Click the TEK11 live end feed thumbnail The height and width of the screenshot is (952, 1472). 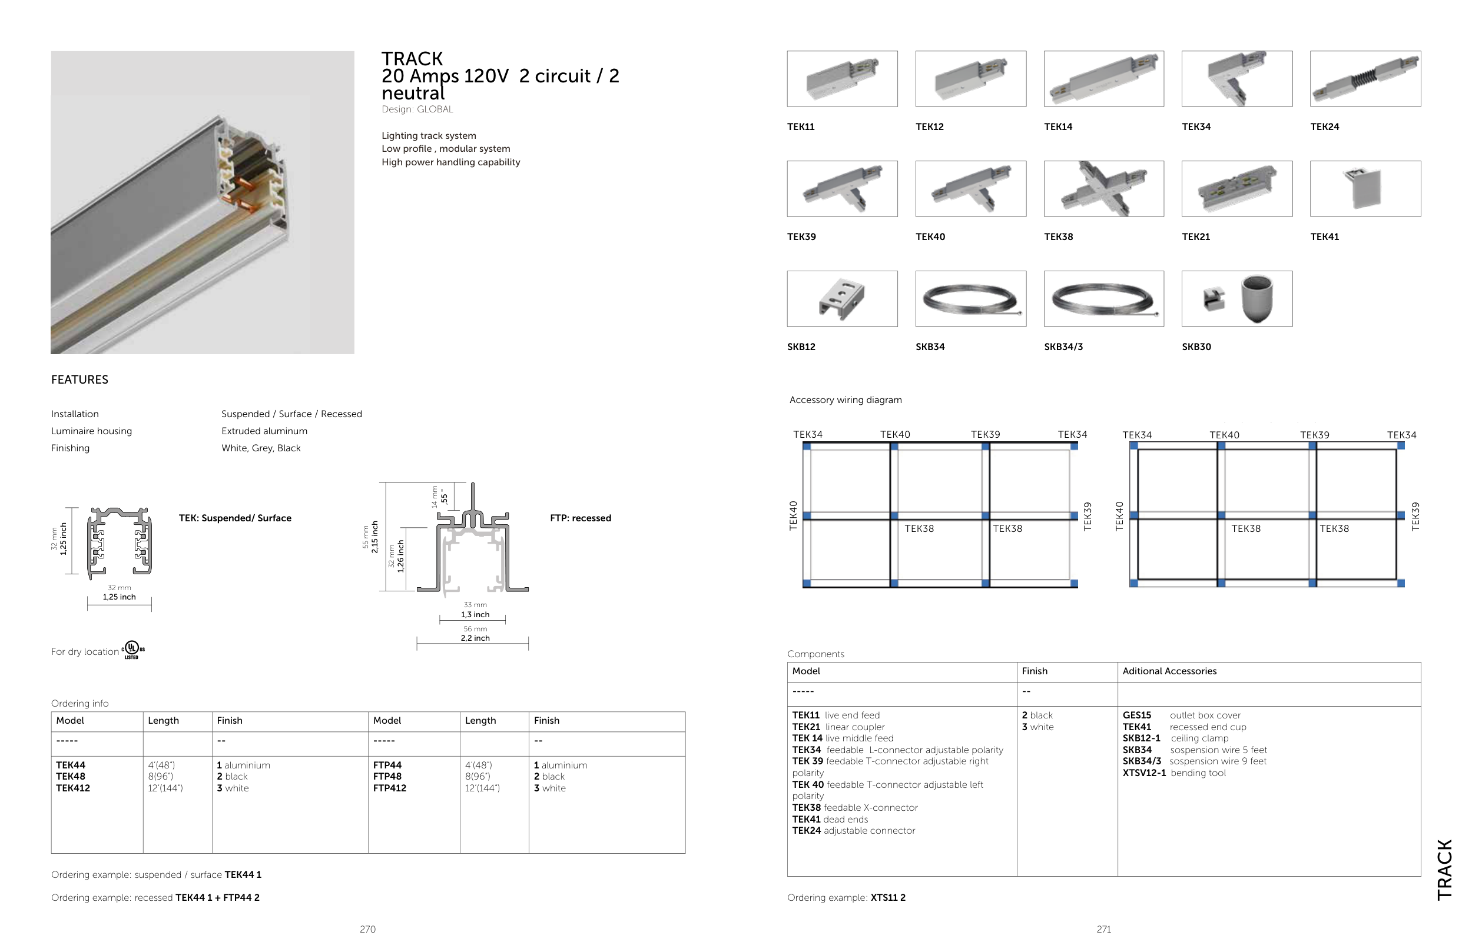842,78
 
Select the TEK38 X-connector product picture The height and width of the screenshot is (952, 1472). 1103,188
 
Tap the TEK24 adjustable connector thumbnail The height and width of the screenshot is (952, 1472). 1365,78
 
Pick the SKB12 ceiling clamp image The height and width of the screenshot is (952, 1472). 842,298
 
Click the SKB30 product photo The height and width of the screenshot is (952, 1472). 1236,298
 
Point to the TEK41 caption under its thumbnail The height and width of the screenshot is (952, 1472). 1324,237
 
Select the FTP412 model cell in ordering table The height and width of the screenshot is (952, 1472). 389,788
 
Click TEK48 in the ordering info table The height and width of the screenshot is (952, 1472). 71,777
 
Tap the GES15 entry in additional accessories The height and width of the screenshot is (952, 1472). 1137,715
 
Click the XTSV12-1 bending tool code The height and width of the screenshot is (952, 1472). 1144,773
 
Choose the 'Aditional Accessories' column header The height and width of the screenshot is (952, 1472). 1169,671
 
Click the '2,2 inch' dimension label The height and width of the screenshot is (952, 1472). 475,638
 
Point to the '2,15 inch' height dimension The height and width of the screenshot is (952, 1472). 375,537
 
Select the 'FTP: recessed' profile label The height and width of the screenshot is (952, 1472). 580,518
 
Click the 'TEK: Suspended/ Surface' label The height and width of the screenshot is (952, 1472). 235,518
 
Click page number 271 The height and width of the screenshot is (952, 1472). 1103,929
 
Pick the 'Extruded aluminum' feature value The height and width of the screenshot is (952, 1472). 264,431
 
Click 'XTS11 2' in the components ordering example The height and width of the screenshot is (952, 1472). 887,898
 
